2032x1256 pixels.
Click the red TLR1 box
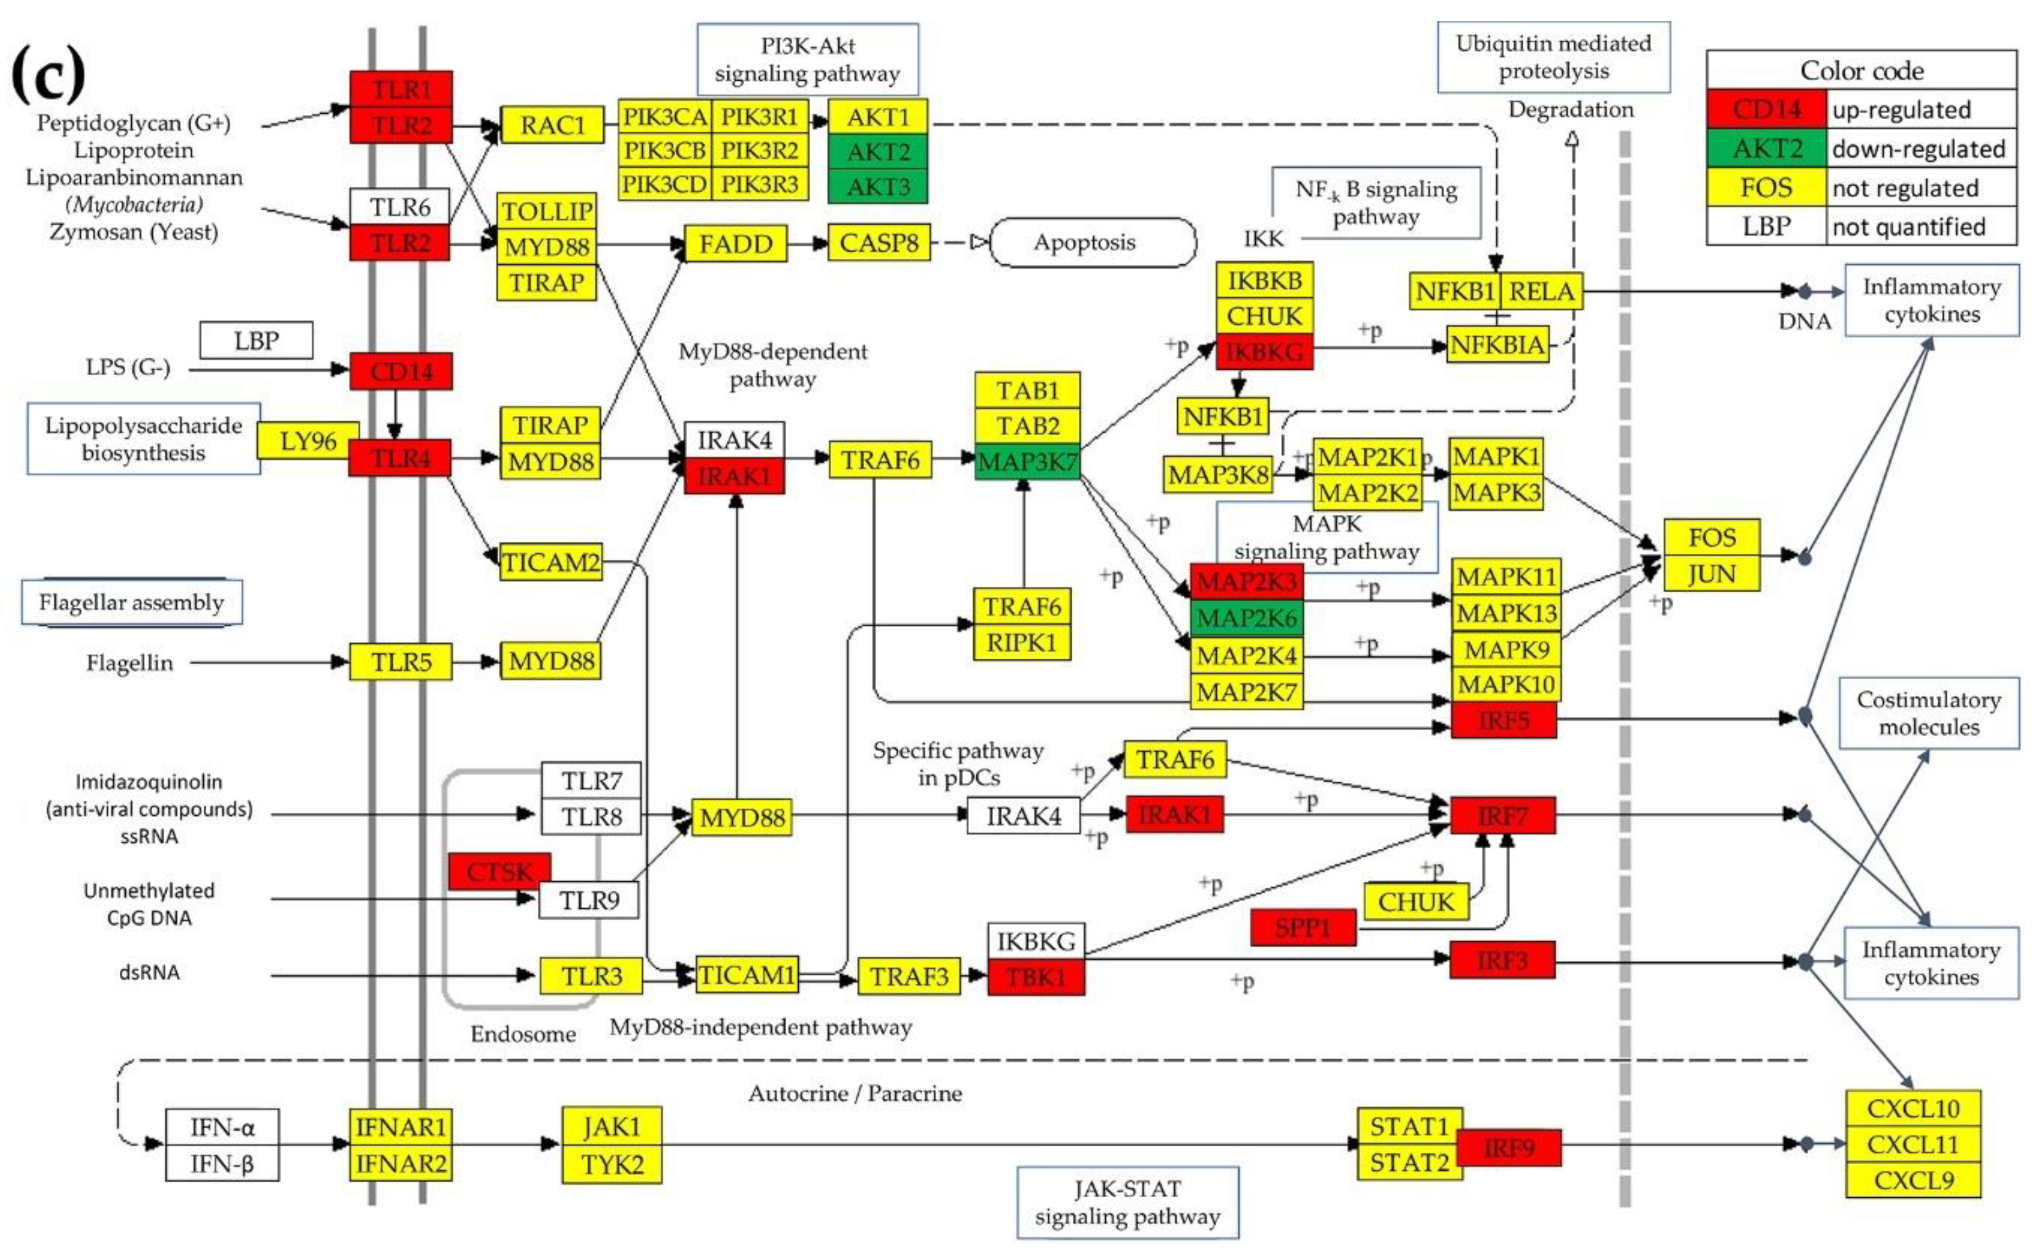pyautogui.click(x=400, y=89)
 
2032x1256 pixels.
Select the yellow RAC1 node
pyautogui.click(x=552, y=125)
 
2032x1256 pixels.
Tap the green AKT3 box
pyautogui.click(x=878, y=187)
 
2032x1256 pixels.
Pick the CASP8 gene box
pyautogui.click(x=878, y=243)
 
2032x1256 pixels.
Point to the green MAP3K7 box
pyautogui.click(x=1027, y=462)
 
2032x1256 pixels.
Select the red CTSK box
pyautogui.click(x=498, y=871)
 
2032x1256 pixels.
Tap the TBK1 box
pyautogui.click(x=1035, y=977)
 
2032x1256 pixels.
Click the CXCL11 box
pyautogui.click(x=1912, y=1144)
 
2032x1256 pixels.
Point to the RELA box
pyautogui.click(x=1540, y=292)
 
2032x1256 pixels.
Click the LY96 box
pyautogui.click(x=307, y=440)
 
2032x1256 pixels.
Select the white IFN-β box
pyautogui.click(x=222, y=1163)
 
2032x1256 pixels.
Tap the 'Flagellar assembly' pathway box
pyautogui.click(x=131, y=602)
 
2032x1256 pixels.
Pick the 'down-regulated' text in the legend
pyautogui.click(x=1918, y=149)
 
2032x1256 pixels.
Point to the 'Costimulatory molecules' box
pyautogui.click(x=1928, y=713)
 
